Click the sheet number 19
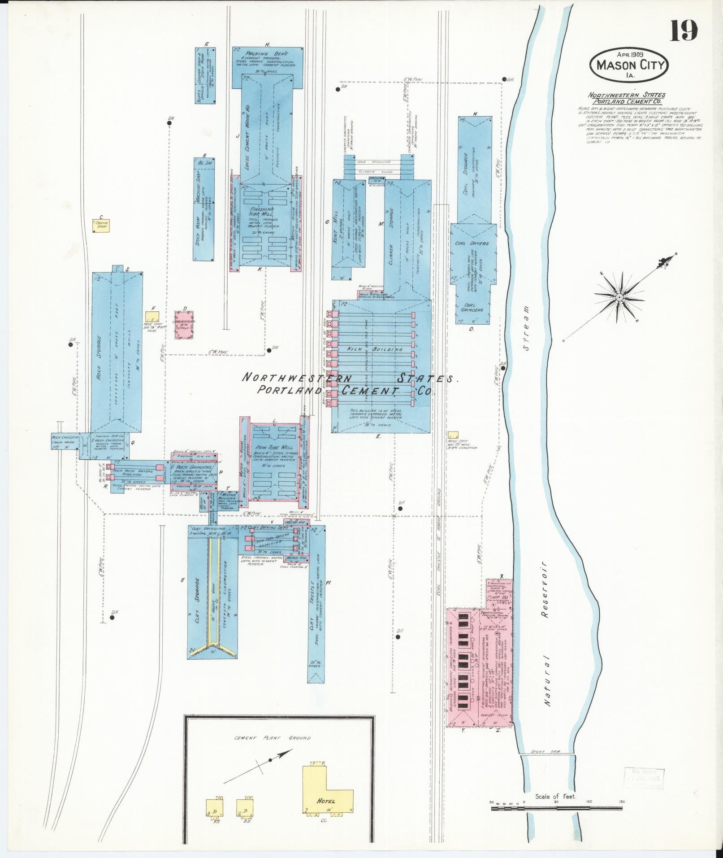[684, 31]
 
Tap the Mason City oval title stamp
[631, 65]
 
